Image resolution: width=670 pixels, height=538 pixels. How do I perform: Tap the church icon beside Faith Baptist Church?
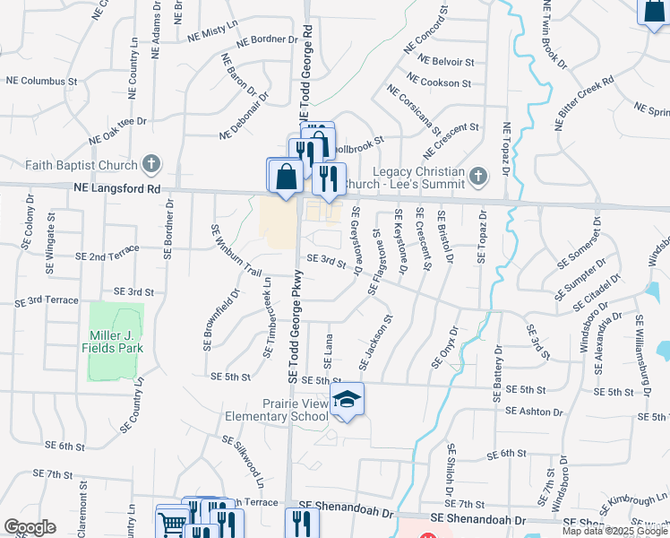(151, 165)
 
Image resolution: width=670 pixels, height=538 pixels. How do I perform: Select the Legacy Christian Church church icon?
(478, 176)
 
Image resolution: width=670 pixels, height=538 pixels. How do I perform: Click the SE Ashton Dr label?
(534, 412)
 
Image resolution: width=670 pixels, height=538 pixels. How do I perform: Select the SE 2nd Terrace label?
(107, 252)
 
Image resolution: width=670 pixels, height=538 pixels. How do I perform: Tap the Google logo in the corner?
(30, 526)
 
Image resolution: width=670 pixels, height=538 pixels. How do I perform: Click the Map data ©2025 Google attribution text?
(614, 531)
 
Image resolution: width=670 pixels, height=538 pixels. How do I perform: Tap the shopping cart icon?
(173, 522)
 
